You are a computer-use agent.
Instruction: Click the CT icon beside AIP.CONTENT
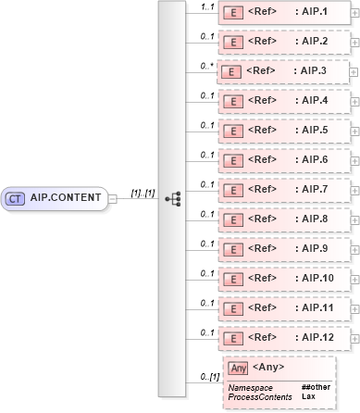pyautogui.click(x=15, y=197)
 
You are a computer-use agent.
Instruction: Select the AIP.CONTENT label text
pyautogui.click(x=66, y=197)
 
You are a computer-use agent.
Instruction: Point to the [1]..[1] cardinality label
pyautogui.click(x=142, y=192)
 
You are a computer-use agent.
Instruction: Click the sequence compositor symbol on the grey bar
pyautogui.click(x=172, y=198)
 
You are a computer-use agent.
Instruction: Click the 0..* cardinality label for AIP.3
pyautogui.click(x=207, y=66)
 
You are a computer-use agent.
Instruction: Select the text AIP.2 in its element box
pyautogui.click(x=313, y=42)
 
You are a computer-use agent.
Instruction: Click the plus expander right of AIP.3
pyautogui.click(x=355, y=70)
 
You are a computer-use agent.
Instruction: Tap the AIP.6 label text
pyautogui.click(x=313, y=159)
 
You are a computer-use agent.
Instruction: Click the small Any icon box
pyautogui.click(x=238, y=368)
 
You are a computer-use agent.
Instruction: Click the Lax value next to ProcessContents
pyautogui.click(x=307, y=395)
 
